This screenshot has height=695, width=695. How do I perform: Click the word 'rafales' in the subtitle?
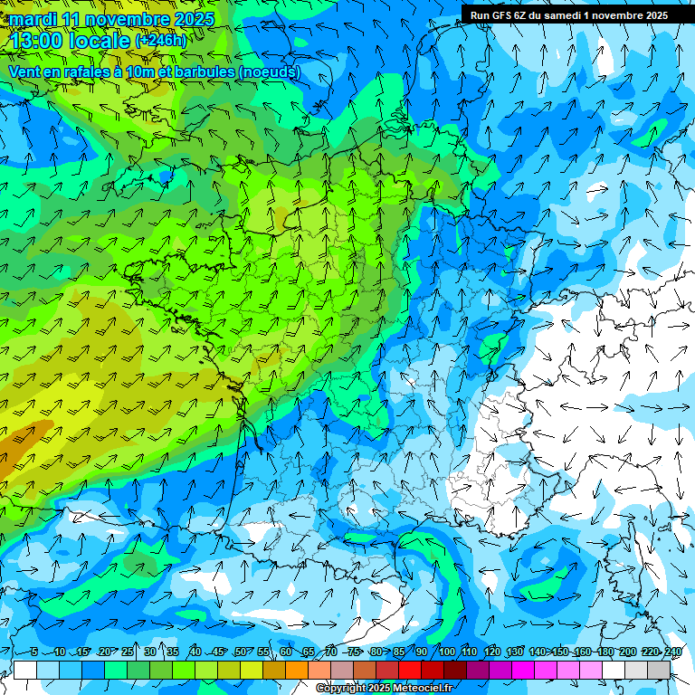(x=87, y=72)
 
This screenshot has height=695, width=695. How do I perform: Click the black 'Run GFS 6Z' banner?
(x=569, y=14)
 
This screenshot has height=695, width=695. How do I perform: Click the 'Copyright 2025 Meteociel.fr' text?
(x=384, y=689)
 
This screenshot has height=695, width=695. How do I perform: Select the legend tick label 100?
(x=447, y=652)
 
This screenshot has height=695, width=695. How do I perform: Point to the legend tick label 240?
(x=673, y=652)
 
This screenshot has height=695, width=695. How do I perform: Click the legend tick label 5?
(x=34, y=652)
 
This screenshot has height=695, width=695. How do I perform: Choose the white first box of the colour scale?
(x=25, y=670)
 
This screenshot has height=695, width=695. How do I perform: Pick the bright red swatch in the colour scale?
(x=410, y=670)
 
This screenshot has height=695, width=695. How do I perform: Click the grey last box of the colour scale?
(x=659, y=670)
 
